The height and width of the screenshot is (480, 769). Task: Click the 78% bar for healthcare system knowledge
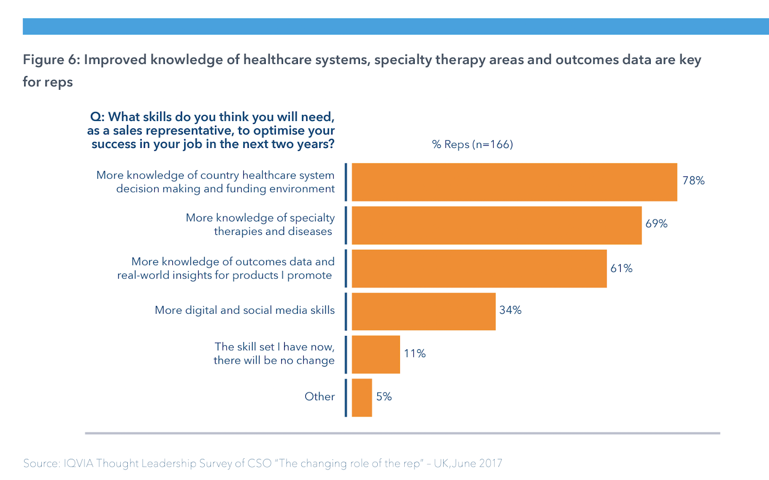(x=514, y=182)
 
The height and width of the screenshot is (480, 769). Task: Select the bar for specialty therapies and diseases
(x=496, y=225)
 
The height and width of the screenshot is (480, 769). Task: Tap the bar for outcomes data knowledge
(x=479, y=269)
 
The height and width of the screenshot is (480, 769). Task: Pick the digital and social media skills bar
(x=423, y=311)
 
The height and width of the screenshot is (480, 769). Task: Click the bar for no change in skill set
(x=376, y=355)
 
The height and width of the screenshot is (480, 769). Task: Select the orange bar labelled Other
(x=362, y=397)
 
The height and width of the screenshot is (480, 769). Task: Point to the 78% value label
(x=694, y=181)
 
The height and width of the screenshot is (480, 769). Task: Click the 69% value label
(x=657, y=224)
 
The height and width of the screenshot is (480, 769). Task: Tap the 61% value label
(x=621, y=269)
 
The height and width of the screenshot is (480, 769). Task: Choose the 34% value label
(x=510, y=310)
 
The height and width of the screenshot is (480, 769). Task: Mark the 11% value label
(x=415, y=354)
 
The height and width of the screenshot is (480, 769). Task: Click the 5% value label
(x=384, y=397)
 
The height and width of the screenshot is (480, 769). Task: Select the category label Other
(x=320, y=397)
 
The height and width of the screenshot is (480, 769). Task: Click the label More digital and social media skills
(x=245, y=310)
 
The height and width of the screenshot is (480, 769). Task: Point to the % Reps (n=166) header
(x=472, y=145)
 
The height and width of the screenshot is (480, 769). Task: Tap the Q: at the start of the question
(x=98, y=117)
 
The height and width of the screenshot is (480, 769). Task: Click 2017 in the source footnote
(x=490, y=464)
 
